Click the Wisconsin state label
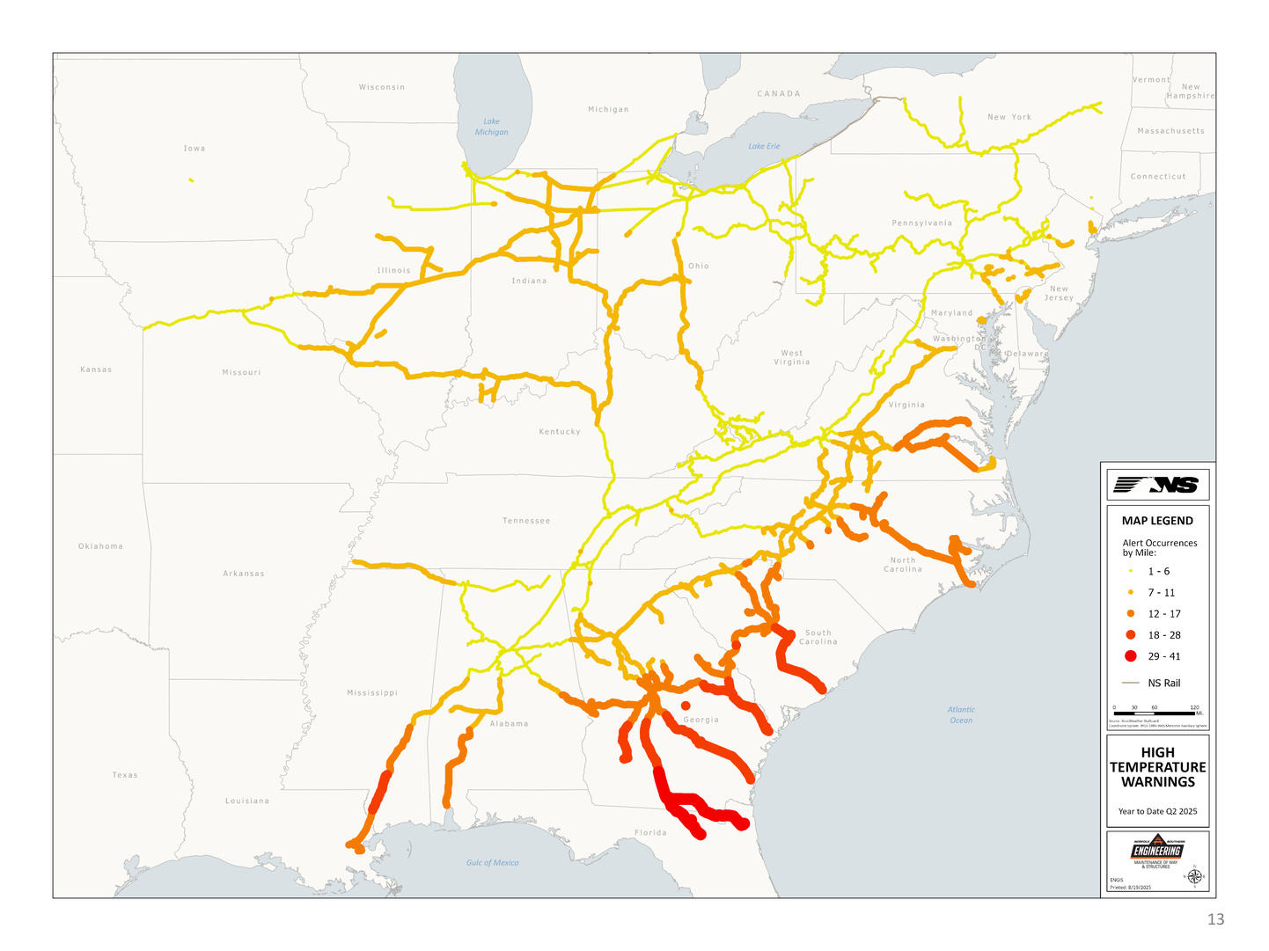382,87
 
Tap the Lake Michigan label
491,127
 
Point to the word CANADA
779,93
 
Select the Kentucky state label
560,432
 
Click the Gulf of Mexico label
492,863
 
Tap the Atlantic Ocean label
961,714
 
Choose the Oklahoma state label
100,546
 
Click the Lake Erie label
764,146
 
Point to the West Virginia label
791,357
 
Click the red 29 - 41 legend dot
1131,656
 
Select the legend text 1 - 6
1159,572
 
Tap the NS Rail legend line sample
1131,683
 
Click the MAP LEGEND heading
1157,521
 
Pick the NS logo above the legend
1157,485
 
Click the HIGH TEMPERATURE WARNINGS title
1157,767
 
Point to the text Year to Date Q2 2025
1157,811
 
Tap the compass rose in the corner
1195,876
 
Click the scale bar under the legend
1154,713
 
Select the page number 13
1215,919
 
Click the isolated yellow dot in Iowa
191,181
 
